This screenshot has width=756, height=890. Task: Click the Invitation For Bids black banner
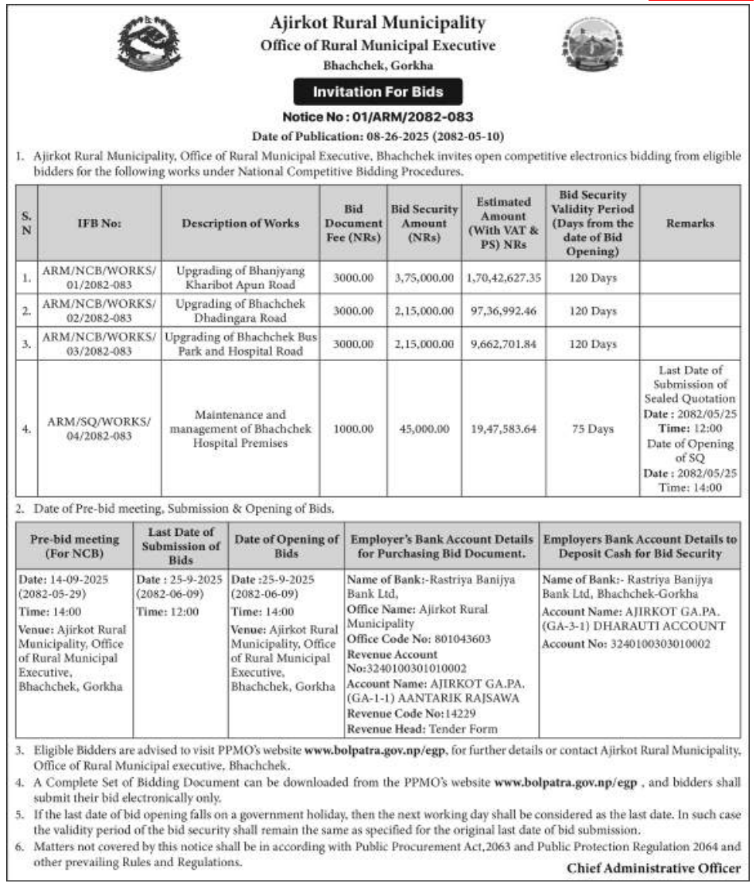pos(377,92)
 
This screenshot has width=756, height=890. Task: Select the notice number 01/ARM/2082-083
pos(378,118)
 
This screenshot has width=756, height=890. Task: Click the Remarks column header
pos(690,223)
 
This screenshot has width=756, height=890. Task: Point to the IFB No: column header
pos(99,223)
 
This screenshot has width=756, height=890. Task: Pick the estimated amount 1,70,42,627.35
pos(503,277)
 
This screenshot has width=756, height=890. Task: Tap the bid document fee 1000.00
pos(353,429)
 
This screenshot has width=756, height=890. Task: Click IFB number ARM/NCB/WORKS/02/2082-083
pos(99,311)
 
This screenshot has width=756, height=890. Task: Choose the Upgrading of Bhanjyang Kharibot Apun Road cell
pos(240,277)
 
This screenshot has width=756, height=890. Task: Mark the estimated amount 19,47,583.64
pos(503,429)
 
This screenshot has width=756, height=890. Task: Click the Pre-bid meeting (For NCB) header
pos(74,546)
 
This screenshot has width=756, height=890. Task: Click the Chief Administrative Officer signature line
pos(653,868)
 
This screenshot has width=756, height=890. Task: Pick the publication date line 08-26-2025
pos(378,136)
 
